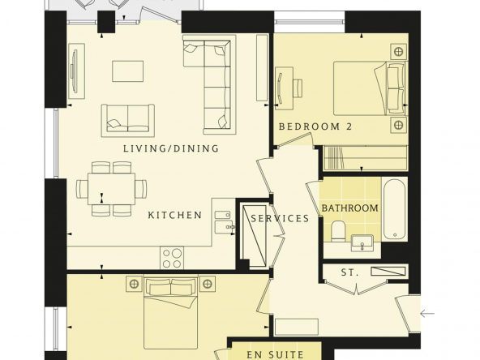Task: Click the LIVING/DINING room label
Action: [x=171, y=148]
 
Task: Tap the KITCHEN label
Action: [x=175, y=215]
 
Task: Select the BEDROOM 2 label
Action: [x=315, y=126]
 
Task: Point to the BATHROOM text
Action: [x=349, y=208]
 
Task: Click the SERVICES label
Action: [x=280, y=218]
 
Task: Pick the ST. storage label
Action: [x=349, y=272]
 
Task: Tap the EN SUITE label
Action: [x=275, y=355]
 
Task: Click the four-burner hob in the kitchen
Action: [x=172, y=258]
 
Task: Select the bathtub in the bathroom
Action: [x=395, y=209]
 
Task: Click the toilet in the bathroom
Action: [x=338, y=230]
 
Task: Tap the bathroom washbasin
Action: [x=362, y=243]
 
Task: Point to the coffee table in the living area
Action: [x=127, y=71]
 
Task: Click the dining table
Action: [x=111, y=189]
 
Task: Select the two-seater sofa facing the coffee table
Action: [x=128, y=121]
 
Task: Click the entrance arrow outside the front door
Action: [x=427, y=314]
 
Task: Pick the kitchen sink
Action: [x=223, y=221]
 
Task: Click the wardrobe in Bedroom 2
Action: [x=366, y=158]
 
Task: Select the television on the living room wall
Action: [x=75, y=71]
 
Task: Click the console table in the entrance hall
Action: [x=297, y=327]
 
